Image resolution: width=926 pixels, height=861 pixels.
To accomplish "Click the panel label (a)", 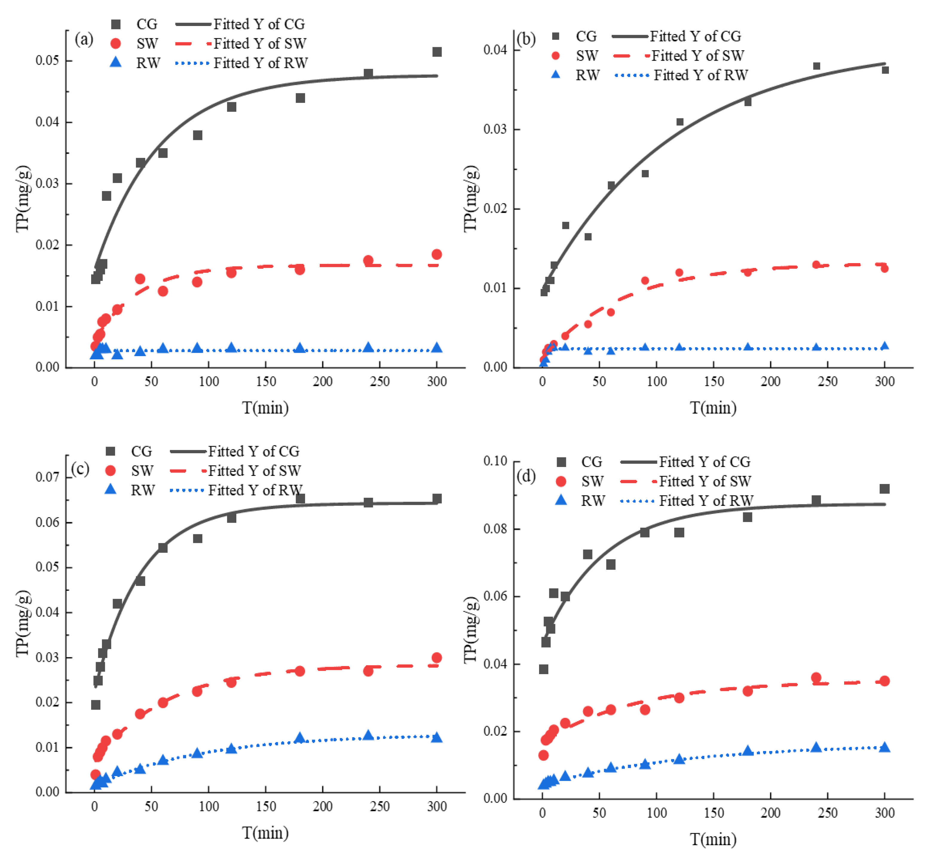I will click(x=84, y=39).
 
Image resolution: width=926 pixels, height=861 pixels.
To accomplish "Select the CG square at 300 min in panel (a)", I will click(x=436, y=52).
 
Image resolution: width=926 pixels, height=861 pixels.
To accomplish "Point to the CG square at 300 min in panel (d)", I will click(x=884, y=489).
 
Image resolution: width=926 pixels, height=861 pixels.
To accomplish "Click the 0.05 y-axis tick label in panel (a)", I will click(x=48, y=61).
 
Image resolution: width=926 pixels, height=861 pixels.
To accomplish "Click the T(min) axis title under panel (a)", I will click(x=265, y=408).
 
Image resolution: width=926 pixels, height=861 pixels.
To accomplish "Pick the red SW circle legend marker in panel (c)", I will click(x=110, y=471).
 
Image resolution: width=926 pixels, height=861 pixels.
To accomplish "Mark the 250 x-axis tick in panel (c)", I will click(x=379, y=807).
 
